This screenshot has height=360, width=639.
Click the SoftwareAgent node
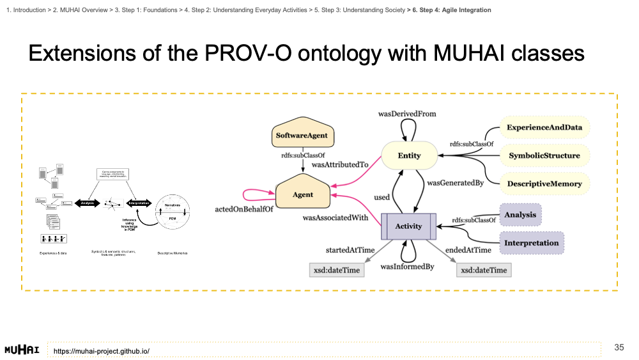[x=302, y=135]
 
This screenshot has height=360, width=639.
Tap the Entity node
[x=409, y=155]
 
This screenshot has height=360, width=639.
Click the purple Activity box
[x=408, y=226]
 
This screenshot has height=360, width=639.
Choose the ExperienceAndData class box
[x=544, y=127]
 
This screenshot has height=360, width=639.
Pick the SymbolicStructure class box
[x=544, y=155]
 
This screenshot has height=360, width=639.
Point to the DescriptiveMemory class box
[x=544, y=184]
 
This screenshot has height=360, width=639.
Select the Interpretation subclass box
[x=531, y=243]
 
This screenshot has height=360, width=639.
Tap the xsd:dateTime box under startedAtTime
[x=336, y=270]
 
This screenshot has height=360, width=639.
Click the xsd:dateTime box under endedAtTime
[x=484, y=270]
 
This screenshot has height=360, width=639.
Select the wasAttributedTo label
[x=340, y=164]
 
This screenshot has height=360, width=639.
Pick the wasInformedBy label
[x=408, y=266]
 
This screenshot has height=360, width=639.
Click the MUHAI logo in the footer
[x=22, y=350]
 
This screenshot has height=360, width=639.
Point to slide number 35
[x=619, y=347]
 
